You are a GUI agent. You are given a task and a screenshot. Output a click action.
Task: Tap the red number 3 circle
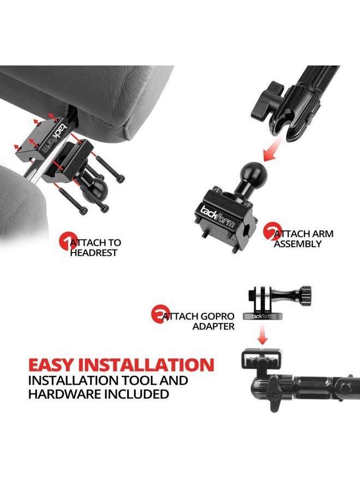coord(159,315)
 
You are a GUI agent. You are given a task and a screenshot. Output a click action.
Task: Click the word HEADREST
coord(93,253)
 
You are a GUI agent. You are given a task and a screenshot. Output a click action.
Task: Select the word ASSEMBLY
coord(298,244)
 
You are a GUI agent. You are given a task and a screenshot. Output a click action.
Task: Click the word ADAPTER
coord(213,326)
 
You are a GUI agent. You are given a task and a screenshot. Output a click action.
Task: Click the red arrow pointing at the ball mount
coord(272,148)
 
